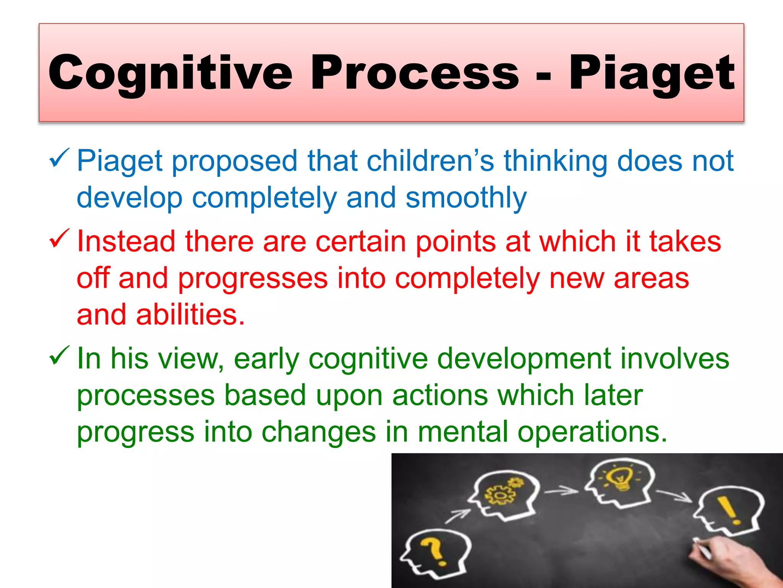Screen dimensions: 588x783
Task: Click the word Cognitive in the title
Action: [170, 73]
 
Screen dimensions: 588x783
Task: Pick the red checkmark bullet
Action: [59, 238]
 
